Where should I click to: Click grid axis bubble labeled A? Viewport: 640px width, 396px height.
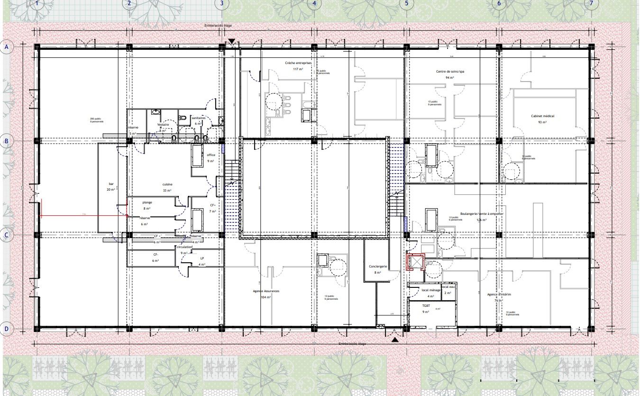click(7, 47)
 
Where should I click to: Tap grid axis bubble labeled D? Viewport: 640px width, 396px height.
click(7, 328)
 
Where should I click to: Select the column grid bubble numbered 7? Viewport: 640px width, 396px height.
click(591, 4)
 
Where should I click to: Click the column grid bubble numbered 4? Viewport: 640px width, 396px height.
click(313, 4)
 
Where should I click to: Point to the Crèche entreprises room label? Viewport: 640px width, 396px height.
click(298, 63)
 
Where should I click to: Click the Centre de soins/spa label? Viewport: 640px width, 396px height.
click(449, 72)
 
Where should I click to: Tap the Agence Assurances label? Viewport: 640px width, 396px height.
click(265, 291)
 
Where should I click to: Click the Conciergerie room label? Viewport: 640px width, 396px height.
click(378, 267)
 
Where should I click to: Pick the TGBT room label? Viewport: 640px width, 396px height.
click(426, 306)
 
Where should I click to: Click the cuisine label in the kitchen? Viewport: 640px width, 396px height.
click(167, 184)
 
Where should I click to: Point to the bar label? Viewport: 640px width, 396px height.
click(112, 184)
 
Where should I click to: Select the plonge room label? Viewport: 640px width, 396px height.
click(147, 203)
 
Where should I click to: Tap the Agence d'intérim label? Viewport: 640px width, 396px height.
click(499, 294)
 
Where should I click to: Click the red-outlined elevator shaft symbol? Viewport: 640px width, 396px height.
click(416, 262)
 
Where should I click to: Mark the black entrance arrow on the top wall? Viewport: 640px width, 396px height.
click(231, 42)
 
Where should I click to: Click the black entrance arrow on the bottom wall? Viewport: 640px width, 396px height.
click(395, 340)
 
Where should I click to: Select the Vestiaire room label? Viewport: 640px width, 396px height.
click(164, 125)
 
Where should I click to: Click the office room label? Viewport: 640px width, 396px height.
click(211, 155)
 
